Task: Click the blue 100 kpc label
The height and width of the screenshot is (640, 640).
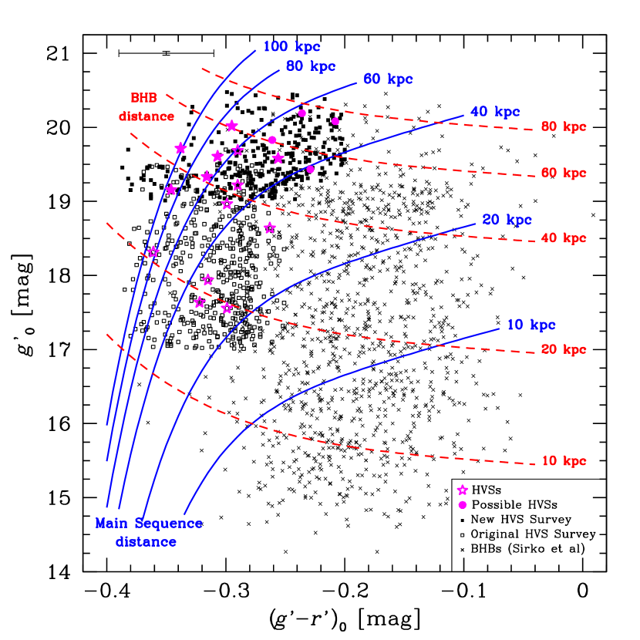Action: coord(291,47)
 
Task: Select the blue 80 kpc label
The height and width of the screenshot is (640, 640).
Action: coord(311,66)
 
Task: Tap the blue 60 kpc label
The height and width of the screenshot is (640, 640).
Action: coord(388,79)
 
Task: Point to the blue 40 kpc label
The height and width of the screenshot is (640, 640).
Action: coord(495,112)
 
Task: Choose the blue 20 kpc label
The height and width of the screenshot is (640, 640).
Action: coord(507,221)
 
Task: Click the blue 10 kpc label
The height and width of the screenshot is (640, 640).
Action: coord(531,325)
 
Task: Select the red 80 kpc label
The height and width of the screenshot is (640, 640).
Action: coord(564,127)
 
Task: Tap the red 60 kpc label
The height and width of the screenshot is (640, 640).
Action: coord(564,173)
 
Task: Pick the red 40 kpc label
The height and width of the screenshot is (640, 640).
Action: coord(564,239)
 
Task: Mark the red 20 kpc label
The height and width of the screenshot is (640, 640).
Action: coord(564,350)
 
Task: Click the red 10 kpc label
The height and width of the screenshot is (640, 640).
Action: coord(564,461)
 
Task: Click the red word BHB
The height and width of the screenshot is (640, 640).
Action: coord(143,99)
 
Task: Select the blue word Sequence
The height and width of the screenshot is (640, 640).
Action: coord(169,524)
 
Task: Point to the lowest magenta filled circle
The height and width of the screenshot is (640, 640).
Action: coord(463,505)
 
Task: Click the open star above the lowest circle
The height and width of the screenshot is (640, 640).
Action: coord(463,490)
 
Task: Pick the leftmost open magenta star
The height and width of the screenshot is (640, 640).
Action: coord(153,251)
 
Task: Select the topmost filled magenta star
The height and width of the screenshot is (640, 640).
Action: coord(231,126)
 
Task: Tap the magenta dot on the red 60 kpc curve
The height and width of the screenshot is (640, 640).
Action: coord(272,140)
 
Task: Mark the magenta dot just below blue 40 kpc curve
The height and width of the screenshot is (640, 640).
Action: coord(310,169)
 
